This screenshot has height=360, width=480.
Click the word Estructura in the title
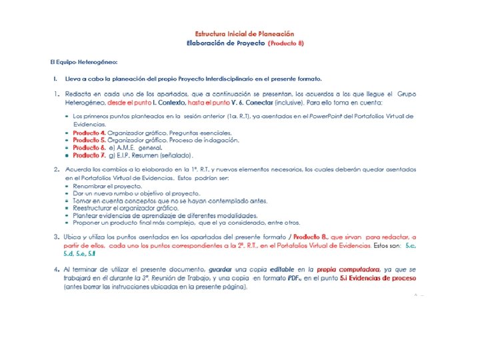click(x=213, y=33)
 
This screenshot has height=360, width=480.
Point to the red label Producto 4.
click(x=89, y=133)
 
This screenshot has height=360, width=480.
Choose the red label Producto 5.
click(x=89, y=140)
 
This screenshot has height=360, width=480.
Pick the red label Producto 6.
click(x=89, y=147)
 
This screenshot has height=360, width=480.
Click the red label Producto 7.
click(x=89, y=155)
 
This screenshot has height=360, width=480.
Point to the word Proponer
click(x=87, y=223)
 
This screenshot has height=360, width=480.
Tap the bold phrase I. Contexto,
click(x=169, y=103)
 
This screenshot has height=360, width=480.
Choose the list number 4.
click(x=58, y=269)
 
